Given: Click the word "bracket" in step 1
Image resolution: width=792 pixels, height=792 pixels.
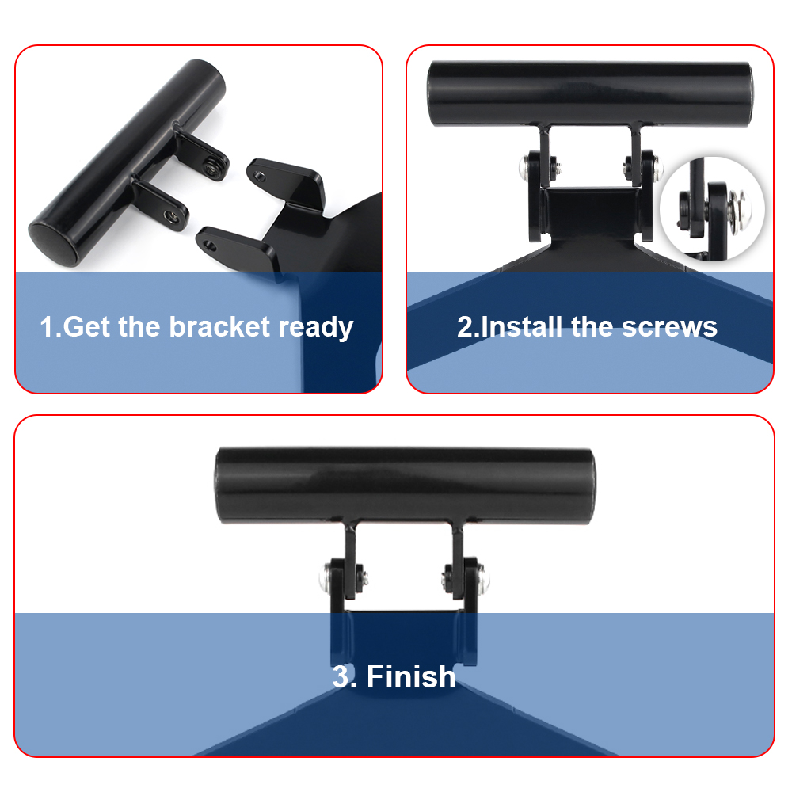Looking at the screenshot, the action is click(219, 327).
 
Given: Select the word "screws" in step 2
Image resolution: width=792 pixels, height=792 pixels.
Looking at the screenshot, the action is click(669, 327).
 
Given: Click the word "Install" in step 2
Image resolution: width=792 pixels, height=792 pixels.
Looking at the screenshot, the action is click(522, 327).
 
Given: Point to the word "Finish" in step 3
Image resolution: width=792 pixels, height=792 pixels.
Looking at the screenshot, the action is click(411, 676).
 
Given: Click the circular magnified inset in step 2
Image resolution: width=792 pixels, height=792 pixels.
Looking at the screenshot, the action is click(712, 208).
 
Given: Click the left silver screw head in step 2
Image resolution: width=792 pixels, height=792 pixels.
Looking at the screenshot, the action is click(525, 167).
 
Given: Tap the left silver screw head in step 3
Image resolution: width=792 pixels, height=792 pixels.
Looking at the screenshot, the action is click(326, 578).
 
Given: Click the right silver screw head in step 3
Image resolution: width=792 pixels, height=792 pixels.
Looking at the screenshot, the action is click(483, 578).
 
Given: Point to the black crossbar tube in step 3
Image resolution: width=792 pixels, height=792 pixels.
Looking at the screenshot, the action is click(405, 485).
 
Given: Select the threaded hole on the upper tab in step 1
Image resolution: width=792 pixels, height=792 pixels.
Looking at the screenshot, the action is click(212, 166).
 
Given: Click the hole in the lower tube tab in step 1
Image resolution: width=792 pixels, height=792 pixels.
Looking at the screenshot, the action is click(170, 215).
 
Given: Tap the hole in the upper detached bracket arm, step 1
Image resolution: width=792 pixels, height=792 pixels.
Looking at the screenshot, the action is click(259, 176).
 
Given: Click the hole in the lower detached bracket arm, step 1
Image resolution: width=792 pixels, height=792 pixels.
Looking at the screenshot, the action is click(209, 246).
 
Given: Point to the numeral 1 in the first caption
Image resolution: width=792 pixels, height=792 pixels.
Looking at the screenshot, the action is click(47, 327).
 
